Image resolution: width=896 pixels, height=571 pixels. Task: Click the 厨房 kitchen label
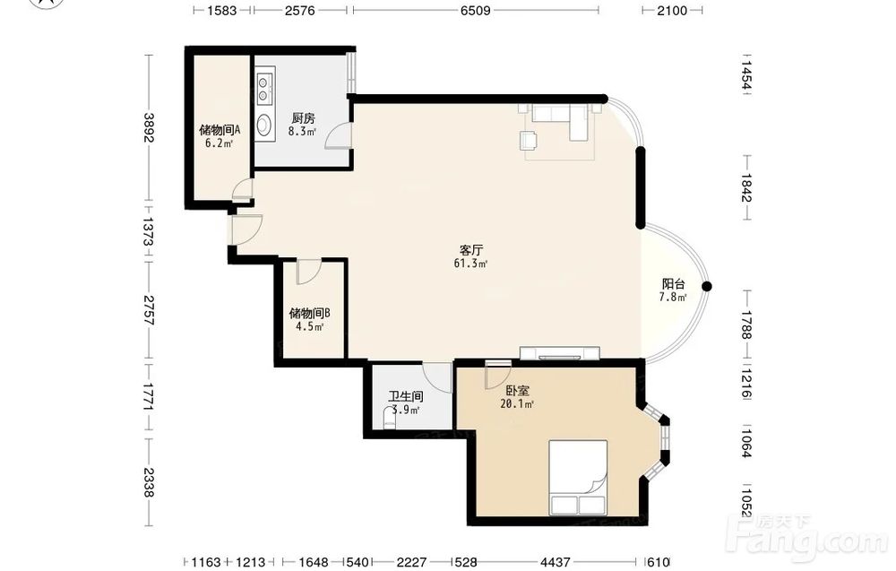(303, 118)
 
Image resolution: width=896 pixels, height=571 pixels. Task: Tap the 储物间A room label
(220, 130)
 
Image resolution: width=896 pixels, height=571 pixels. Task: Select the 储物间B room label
(309, 313)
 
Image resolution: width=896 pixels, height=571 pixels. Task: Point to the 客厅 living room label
(471, 250)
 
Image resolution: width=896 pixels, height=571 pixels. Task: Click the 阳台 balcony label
(673, 284)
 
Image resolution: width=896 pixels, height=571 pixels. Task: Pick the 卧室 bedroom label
(518, 391)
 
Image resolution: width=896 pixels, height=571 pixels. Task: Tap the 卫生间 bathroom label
(406, 396)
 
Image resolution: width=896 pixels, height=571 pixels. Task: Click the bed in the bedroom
(578, 477)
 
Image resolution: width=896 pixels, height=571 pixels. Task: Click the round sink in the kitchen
(264, 125)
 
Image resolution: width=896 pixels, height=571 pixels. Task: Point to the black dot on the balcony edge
(707, 286)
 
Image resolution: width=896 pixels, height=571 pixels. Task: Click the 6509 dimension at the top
(476, 10)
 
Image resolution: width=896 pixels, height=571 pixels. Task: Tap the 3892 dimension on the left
(149, 127)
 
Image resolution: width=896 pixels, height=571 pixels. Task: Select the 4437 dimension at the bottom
(555, 562)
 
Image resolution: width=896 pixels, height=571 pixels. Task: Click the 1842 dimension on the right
(746, 187)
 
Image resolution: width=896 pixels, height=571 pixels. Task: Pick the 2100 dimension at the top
(672, 10)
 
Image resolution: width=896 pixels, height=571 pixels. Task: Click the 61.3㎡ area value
(471, 264)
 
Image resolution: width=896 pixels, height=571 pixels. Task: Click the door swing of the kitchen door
(338, 137)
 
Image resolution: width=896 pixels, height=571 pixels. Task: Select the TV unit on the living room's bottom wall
(560, 353)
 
